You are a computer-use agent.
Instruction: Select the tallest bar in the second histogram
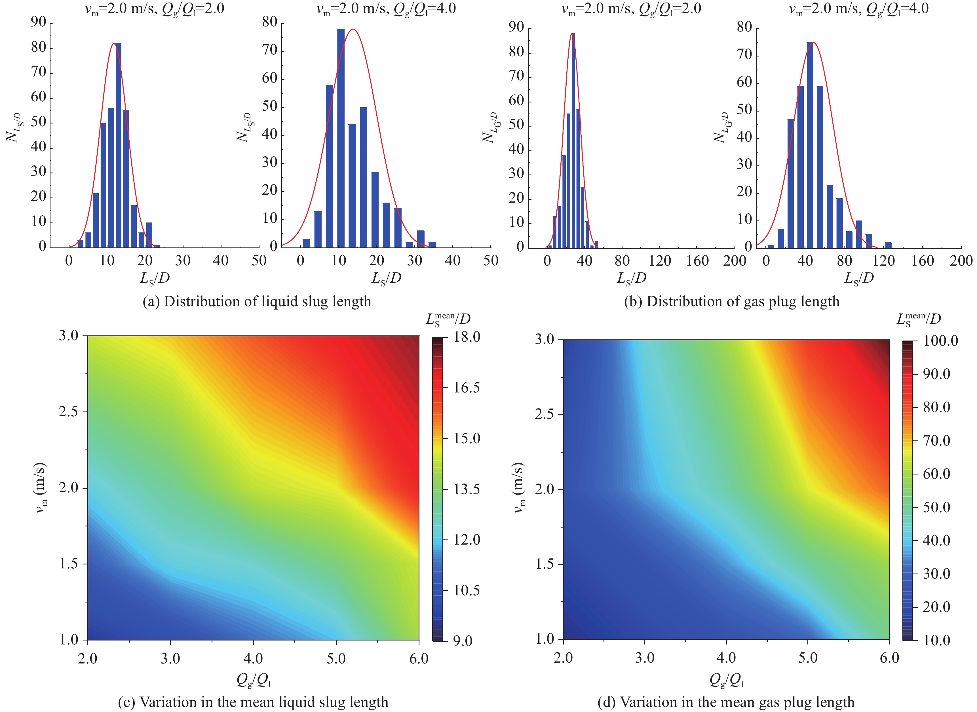(340, 138)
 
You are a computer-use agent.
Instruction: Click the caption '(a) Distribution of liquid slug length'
(257, 301)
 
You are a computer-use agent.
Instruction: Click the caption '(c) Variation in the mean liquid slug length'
(253, 702)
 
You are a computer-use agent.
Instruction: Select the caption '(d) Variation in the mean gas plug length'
(726, 702)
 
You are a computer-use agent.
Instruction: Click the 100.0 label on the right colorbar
(940, 341)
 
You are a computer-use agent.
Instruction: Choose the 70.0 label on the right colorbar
(936, 440)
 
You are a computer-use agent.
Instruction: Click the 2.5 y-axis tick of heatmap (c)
(69, 411)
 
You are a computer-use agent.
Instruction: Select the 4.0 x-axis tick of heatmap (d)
(726, 658)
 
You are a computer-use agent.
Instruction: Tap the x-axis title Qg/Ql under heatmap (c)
(253, 680)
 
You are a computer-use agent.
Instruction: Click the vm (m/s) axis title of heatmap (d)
(519, 488)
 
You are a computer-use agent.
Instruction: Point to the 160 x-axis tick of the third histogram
(697, 261)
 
